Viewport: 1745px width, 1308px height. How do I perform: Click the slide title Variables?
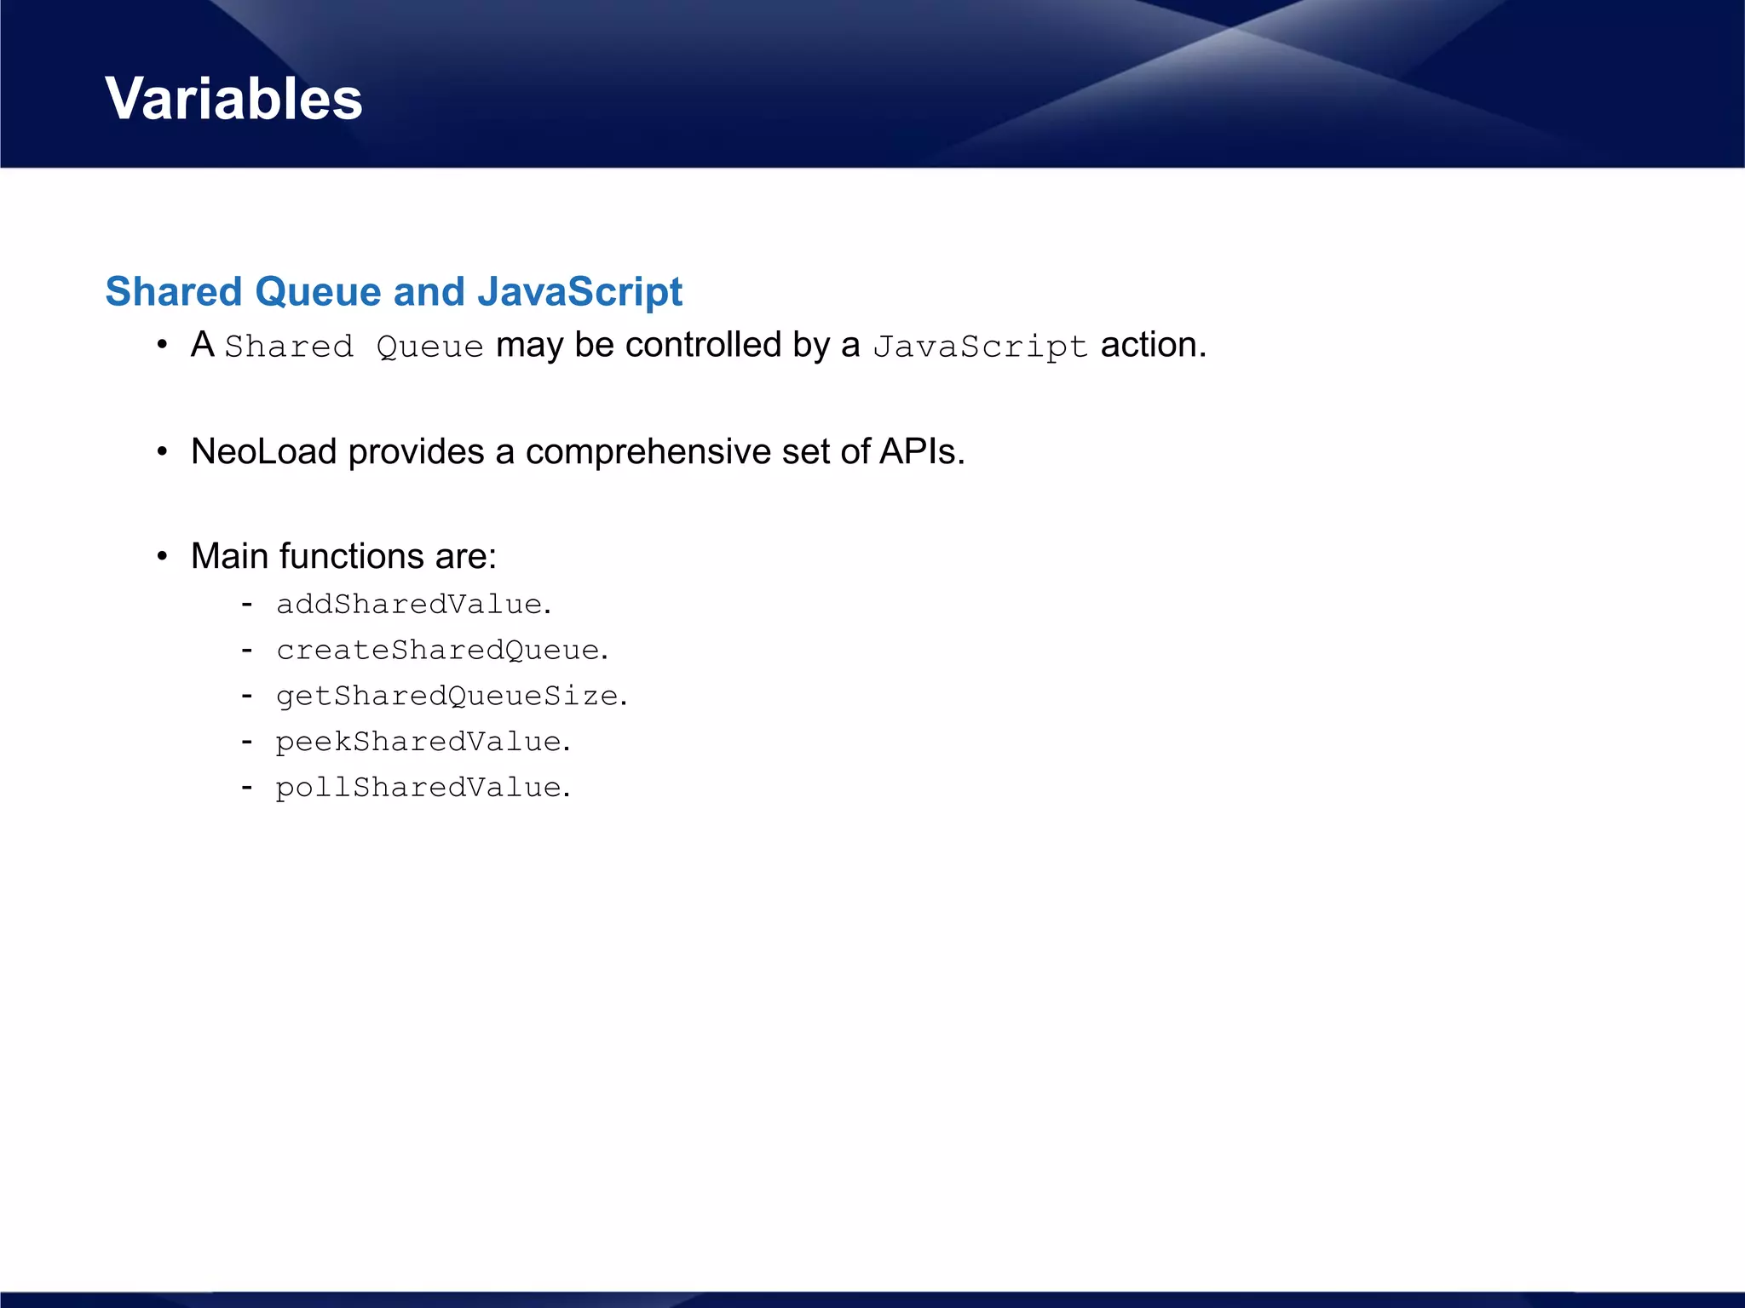coord(233,99)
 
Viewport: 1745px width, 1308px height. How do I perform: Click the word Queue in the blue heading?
coord(318,292)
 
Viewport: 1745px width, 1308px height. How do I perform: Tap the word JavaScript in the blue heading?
coord(579,292)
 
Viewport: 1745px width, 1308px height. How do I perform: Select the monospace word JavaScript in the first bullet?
coord(980,347)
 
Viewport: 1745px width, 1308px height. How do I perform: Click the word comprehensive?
coord(648,451)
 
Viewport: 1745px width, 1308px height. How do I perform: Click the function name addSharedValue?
coord(409,605)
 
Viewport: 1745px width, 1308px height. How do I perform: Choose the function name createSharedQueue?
coord(438,651)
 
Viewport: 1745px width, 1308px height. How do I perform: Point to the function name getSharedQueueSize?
coord(447,697)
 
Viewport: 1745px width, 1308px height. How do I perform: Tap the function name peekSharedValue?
coord(418,742)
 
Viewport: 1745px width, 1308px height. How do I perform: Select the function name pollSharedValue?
coord(418,788)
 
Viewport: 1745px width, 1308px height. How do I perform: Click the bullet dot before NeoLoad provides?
coord(162,452)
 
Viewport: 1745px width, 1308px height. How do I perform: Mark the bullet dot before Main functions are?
coord(162,557)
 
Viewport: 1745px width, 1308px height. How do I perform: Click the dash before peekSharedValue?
coord(247,742)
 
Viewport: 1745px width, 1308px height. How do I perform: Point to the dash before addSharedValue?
coord(247,605)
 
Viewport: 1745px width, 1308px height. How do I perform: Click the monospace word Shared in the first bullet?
coord(289,347)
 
